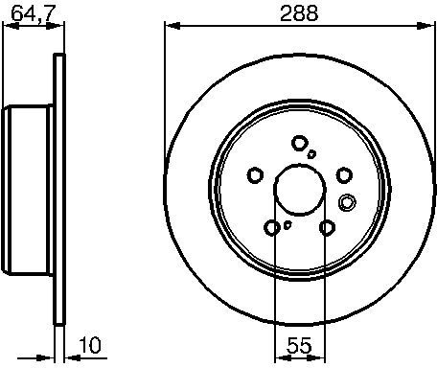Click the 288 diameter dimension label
[299, 13]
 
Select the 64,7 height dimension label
[34, 13]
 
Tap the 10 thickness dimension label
[90, 345]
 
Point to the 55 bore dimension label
[299, 345]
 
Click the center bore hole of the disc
[300, 190]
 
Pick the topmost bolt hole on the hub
[299, 143]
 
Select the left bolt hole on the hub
[255, 175]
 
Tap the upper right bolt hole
[344, 175]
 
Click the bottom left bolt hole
[272, 228]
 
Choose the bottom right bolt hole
[327, 228]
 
